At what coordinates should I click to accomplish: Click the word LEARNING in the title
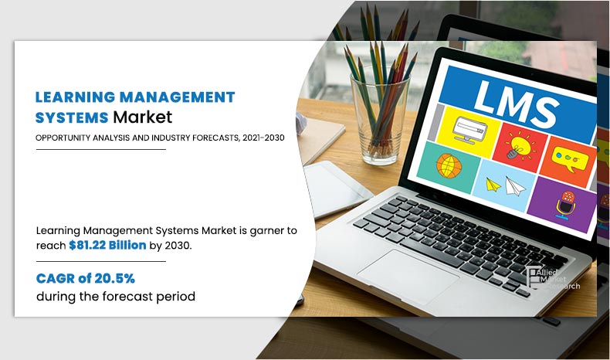pos(75,97)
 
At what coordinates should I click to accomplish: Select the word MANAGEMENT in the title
pos(178,97)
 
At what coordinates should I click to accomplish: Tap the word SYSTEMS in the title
pos(72,117)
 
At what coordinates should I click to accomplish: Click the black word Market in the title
pos(142,117)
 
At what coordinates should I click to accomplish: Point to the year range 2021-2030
pos(263,138)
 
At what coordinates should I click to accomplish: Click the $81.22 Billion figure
pos(107,245)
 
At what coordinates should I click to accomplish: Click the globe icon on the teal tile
pos(449,165)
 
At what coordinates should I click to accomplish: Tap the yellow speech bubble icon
pos(570,158)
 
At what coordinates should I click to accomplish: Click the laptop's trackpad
pos(408,277)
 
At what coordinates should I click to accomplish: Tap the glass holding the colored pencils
pos(380,118)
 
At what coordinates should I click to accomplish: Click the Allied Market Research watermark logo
pos(552,278)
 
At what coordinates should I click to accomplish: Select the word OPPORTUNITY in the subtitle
pos(63,138)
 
